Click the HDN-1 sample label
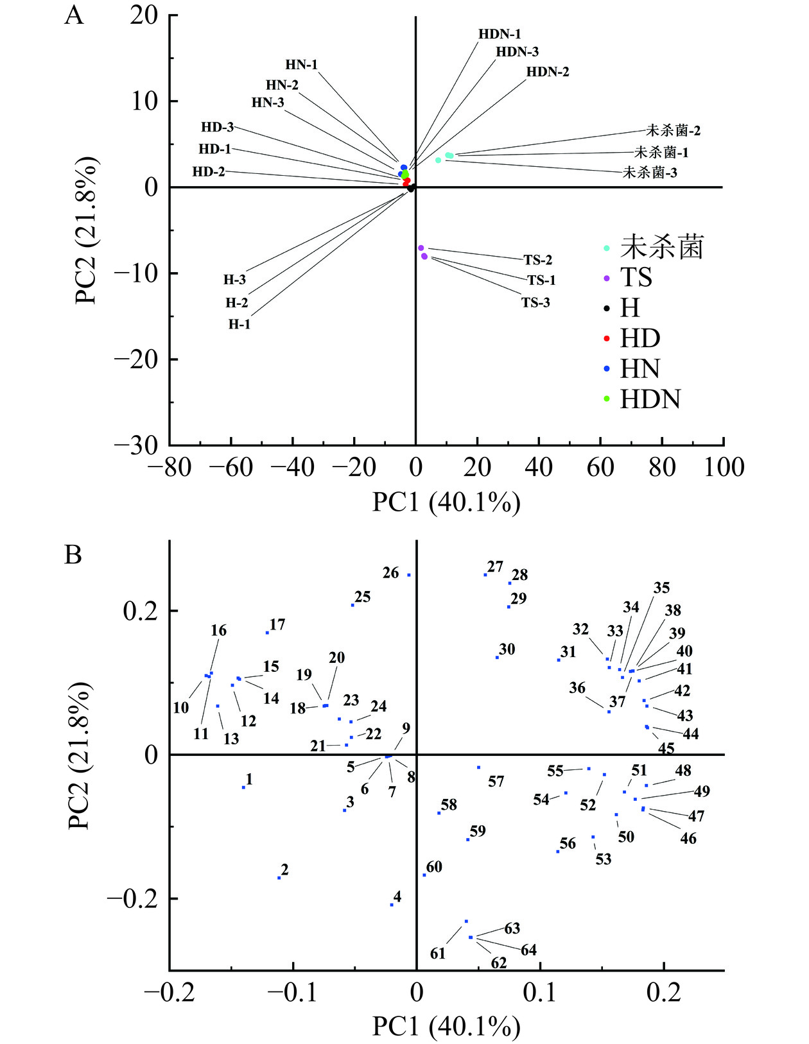pos(500,35)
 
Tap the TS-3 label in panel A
pos(535,303)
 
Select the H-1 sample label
pos(239,325)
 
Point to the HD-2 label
pos(209,172)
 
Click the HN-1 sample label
pos(301,65)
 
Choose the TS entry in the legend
pos(636,278)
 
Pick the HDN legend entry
pos(650,399)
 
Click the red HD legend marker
pos(607,338)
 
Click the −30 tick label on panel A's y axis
pos(136,445)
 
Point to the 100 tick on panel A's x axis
pos(724,467)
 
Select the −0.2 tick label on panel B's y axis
pos(132,899)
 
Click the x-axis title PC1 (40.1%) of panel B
pos(446,1027)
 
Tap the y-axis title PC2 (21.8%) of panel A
pos(87,229)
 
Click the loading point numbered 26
pos(409,575)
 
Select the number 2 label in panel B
pos(284,870)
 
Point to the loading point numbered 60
pos(424,875)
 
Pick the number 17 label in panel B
pos(277,624)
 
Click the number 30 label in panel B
pos(507,649)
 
